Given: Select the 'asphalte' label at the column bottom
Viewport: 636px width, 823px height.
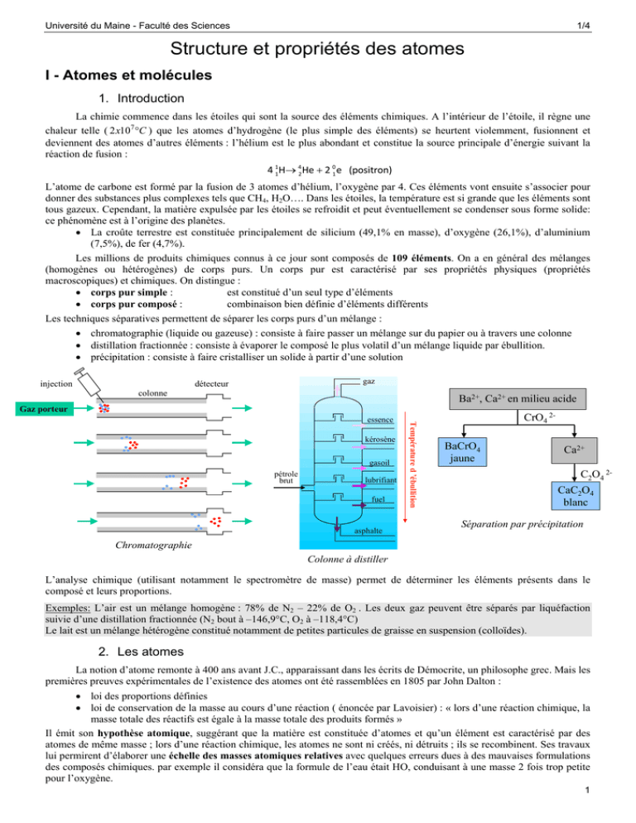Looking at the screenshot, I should (x=369, y=528).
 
